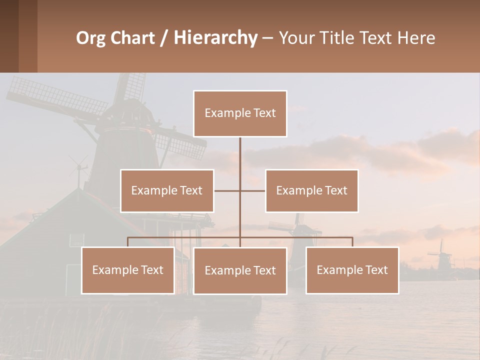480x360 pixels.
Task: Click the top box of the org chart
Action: (240, 113)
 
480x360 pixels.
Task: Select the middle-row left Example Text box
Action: (167, 190)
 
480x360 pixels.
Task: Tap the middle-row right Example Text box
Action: (311, 190)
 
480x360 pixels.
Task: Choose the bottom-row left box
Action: (128, 270)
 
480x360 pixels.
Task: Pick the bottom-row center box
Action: (240, 270)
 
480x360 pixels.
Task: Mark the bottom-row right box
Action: (352, 270)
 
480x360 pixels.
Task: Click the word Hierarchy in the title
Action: (215, 38)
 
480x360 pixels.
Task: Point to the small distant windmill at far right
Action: (440, 255)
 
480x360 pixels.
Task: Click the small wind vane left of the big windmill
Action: (78, 167)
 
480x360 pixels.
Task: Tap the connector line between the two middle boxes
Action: (240, 190)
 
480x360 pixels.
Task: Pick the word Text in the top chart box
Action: (264, 113)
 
